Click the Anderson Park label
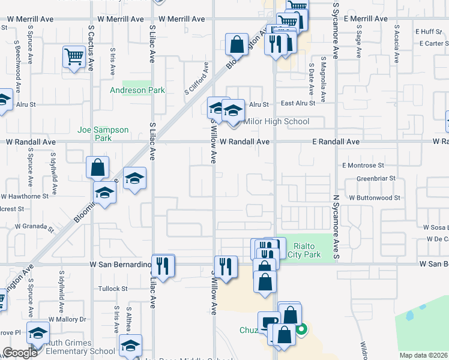pyautogui.click(x=137, y=91)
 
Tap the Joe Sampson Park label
pyautogui.click(x=103, y=134)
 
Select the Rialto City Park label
pyautogui.click(x=307, y=250)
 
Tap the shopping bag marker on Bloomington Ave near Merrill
pyautogui.click(x=237, y=44)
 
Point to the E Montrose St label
pyautogui.click(x=363, y=165)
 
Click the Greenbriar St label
pyautogui.click(x=376, y=178)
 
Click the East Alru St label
pyautogui.click(x=295, y=103)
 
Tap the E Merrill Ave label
pyautogui.click(x=366, y=19)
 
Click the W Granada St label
pyautogui.click(x=34, y=227)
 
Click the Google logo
pyautogui.click(x=20, y=353)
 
